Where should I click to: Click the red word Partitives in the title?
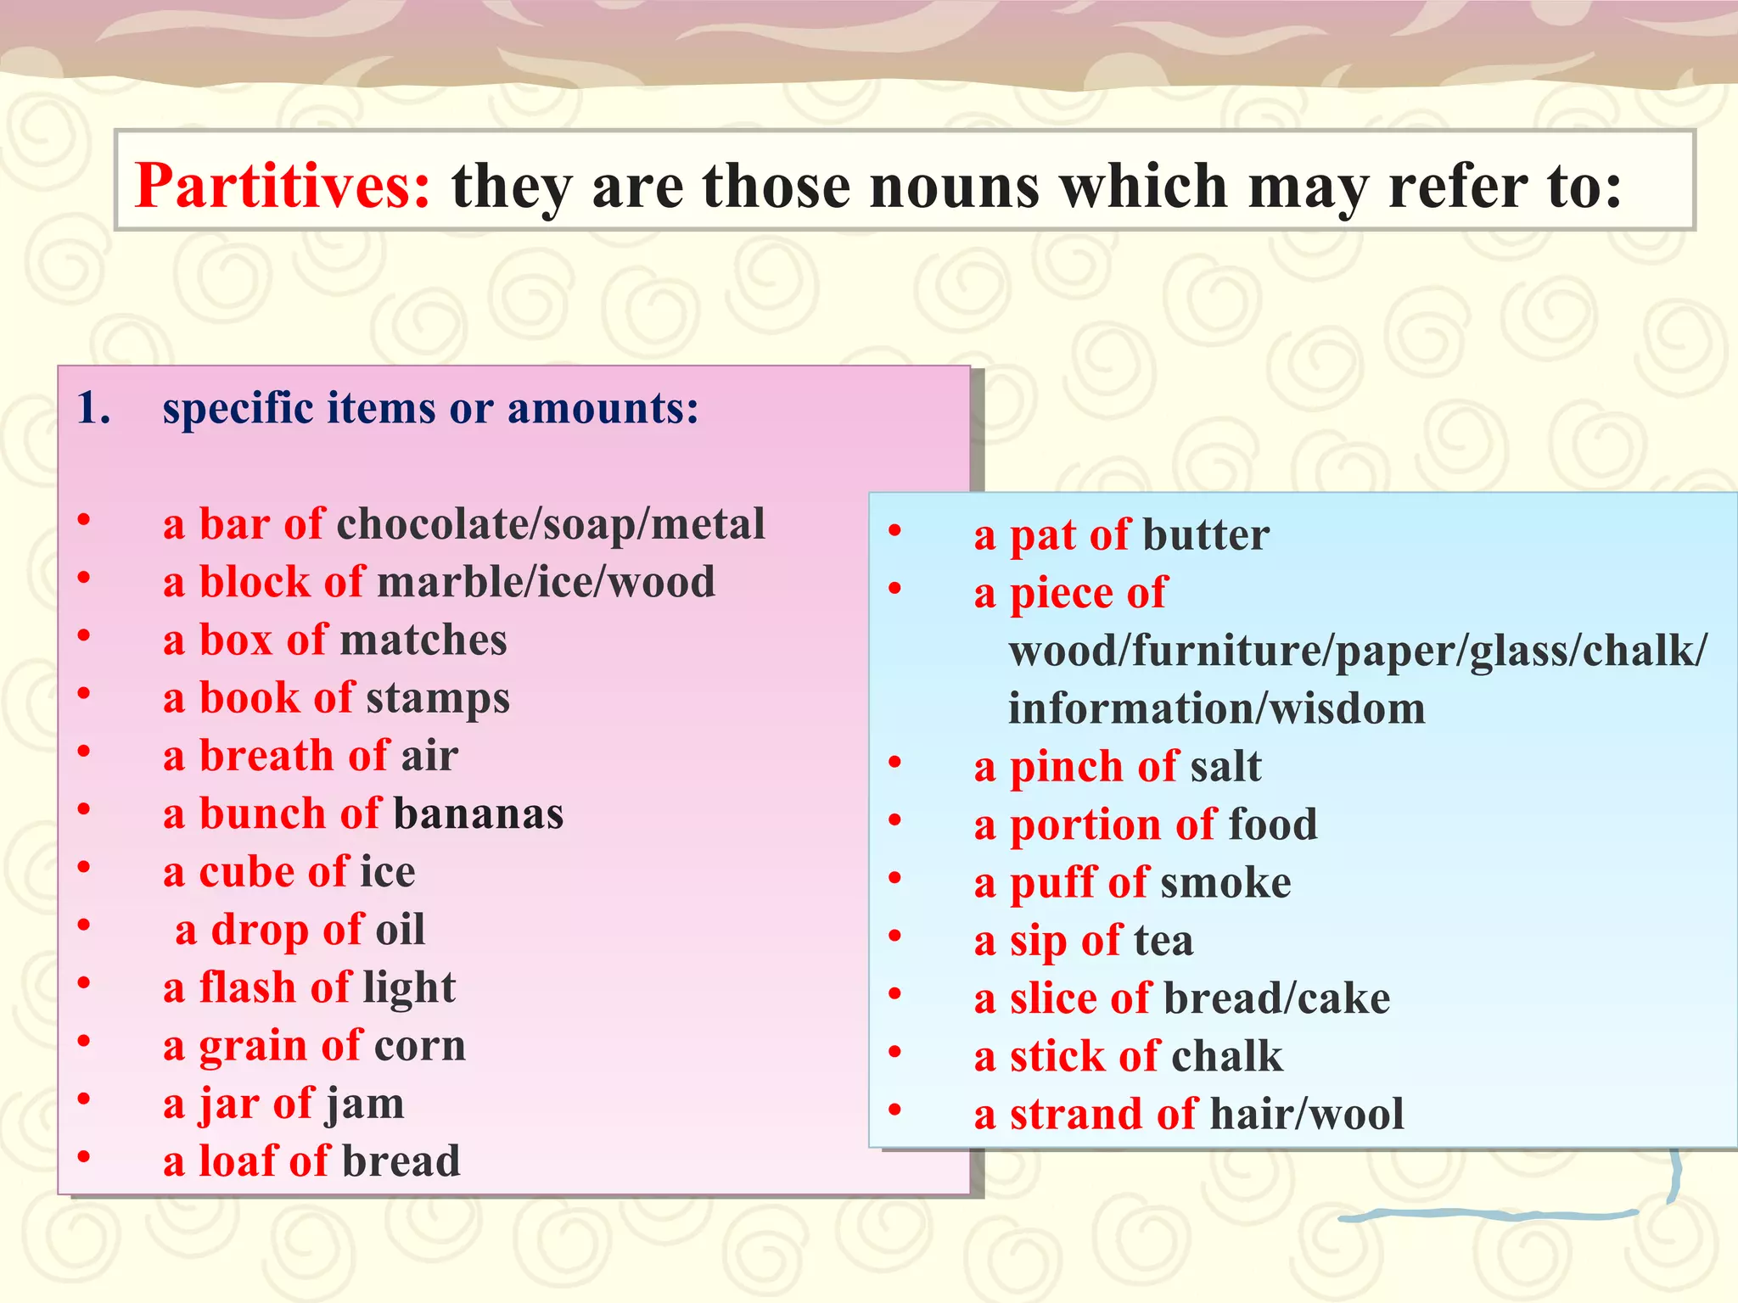tap(283, 186)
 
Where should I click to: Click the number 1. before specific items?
tap(93, 409)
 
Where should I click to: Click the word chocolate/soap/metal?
tap(551, 524)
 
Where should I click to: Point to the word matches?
tap(423, 640)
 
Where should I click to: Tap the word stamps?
tap(438, 698)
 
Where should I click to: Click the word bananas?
tap(479, 814)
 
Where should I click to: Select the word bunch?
tap(262, 814)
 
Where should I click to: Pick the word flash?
tap(247, 988)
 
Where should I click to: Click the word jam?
tap(365, 1104)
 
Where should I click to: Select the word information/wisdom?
tap(1216, 709)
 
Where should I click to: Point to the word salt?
tap(1225, 767)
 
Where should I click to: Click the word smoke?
tap(1225, 883)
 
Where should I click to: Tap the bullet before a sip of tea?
tap(894, 937)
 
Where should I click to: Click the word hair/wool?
tap(1307, 1115)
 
